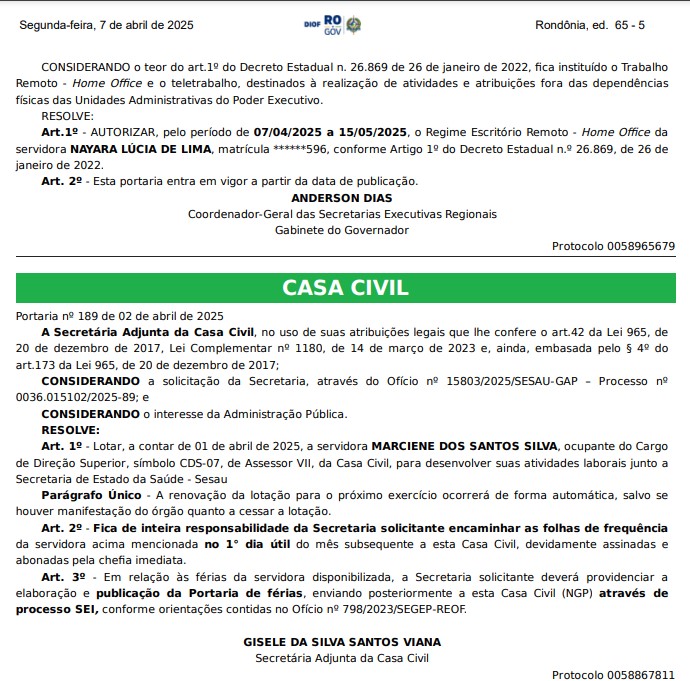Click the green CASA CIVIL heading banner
tap(345, 288)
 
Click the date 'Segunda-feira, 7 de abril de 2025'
tap(106, 24)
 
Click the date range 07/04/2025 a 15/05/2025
tap(330, 132)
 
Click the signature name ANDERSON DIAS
tap(342, 198)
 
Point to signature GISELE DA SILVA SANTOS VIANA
tap(342, 642)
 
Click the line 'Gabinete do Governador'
tap(342, 230)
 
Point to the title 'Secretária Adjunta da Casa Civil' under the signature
tap(342, 658)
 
